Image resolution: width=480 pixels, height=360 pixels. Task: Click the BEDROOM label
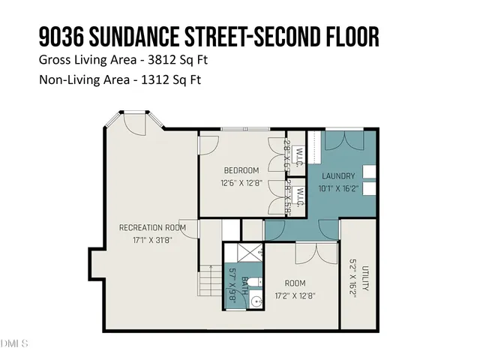coord(240,170)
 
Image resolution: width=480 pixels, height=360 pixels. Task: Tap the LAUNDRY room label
coord(338,176)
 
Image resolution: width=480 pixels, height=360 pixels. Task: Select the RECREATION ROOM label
coord(152,227)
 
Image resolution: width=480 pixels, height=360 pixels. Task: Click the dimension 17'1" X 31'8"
coord(152,240)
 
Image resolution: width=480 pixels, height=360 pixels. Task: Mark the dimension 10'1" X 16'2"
coord(338,190)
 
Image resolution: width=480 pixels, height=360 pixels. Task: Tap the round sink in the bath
coord(256,301)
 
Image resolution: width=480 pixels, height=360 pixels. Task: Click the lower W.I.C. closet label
coord(298,198)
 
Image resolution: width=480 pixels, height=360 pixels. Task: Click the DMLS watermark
coord(14,344)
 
